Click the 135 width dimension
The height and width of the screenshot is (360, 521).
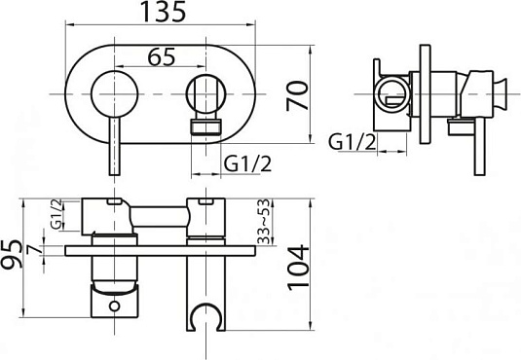tap(164, 12)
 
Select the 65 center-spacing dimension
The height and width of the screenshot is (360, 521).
tap(162, 56)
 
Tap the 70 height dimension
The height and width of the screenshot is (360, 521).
tap(297, 95)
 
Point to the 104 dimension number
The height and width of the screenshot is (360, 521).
tap(298, 268)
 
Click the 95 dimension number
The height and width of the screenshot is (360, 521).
tap(12, 254)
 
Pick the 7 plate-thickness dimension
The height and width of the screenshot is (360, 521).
tap(35, 249)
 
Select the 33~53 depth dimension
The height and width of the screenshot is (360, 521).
tap(263, 222)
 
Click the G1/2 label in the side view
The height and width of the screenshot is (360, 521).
tap(353, 142)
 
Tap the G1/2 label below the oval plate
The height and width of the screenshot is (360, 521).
tap(247, 163)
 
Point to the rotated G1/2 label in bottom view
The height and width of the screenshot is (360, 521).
tap(56, 214)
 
